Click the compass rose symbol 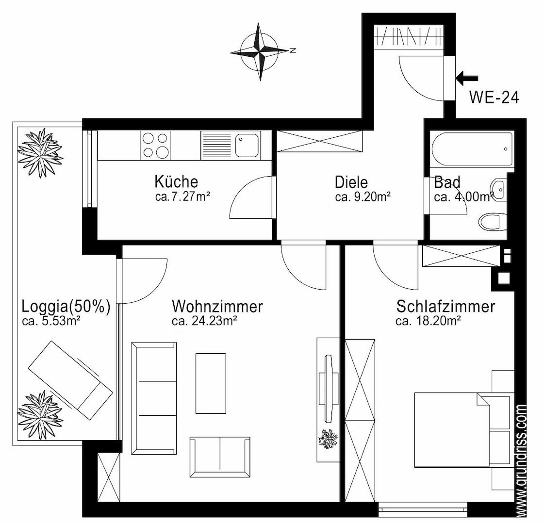coord(260,51)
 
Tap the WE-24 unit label coord(494,97)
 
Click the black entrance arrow coord(467,78)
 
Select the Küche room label coord(176,181)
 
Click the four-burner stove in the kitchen coord(155,146)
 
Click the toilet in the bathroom coord(492,221)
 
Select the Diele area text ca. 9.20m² coord(363,197)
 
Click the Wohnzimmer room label coord(217,307)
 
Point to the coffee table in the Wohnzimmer coord(211,383)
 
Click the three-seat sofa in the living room coord(154,398)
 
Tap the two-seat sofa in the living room coord(220,457)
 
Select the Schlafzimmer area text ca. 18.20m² coord(428,321)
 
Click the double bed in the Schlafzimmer coord(464,430)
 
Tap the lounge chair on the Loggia coord(70,380)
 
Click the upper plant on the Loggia coord(40,153)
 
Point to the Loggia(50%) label coord(66,307)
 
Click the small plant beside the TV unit coord(328,439)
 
